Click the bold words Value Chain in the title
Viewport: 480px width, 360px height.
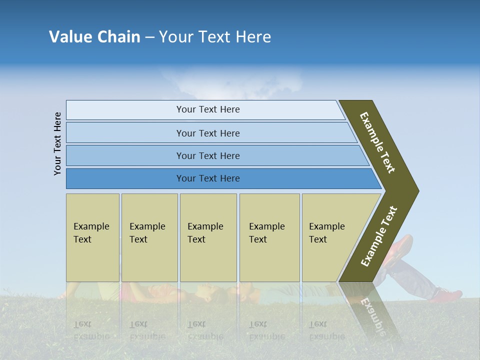click(x=94, y=37)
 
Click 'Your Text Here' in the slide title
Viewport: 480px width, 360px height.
click(x=215, y=37)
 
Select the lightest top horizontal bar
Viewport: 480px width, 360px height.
click(x=208, y=109)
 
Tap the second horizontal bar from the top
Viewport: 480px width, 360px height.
click(x=208, y=133)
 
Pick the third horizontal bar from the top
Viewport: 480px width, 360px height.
click(x=208, y=155)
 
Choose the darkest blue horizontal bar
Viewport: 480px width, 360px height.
click(x=208, y=178)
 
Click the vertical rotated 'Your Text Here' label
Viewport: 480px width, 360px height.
click(x=57, y=143)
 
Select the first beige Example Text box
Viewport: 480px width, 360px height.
click(x=92, y=237)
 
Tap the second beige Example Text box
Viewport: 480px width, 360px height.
click(x=149, y=237)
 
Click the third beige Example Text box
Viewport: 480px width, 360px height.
click(x=208, y=237)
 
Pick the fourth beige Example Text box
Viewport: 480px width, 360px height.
click(x=269, y=237)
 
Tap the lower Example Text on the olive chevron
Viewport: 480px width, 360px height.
click(x=379, y=236)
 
